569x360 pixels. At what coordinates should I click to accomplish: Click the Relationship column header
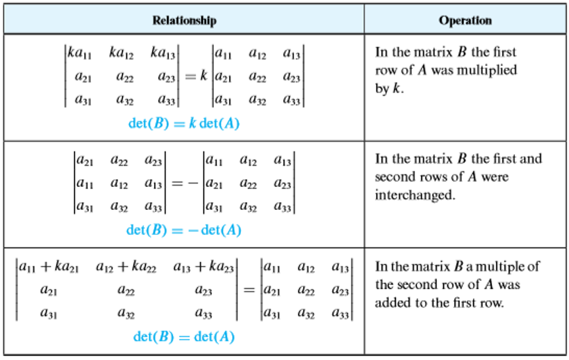click(184, 20)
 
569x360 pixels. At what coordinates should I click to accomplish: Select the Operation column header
click(465, 20)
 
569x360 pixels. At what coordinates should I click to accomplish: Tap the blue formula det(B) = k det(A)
click(184, 122)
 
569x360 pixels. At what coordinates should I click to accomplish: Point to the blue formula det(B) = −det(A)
click(184, 230)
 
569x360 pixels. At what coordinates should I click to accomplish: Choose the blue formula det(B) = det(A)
click(184, 337)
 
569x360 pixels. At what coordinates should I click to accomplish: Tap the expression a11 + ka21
click(49, 267)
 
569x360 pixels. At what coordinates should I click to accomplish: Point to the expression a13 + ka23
click(203, 267)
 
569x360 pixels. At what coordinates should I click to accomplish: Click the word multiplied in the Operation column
click(485, 70)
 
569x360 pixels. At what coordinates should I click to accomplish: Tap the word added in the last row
click(392, 303)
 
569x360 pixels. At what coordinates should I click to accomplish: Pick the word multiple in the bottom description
click(503, 267)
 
